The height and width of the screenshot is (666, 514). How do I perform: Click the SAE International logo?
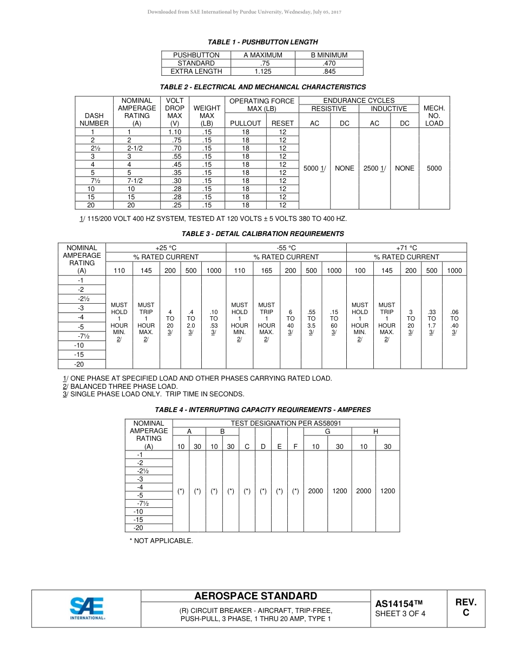tap(87, 608)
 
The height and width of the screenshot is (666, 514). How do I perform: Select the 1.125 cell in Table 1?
tap(263, 71)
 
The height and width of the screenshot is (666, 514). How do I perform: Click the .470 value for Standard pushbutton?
tap(328, 63)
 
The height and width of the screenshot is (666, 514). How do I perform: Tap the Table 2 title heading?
tap(262, 87)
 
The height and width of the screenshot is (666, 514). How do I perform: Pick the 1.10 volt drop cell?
tap(175, 132)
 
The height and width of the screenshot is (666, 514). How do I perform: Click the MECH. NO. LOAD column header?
tap(434, 116)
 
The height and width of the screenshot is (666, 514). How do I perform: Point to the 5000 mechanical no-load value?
tap(434, 168)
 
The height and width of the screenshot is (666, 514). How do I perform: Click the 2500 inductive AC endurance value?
tap(374, 168)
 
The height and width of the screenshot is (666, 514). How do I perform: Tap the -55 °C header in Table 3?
tap(286, 248)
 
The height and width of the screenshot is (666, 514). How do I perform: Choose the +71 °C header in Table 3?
tap(406, 248)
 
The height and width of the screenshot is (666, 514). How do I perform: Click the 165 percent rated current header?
tap(266, 271)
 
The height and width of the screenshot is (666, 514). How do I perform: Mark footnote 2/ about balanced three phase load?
tap(120, 387)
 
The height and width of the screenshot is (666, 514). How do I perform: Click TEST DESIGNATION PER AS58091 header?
tap(286, 423)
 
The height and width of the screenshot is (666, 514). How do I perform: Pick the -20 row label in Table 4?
tap(139, 528)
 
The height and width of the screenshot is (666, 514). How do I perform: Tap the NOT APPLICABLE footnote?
tap(161, 541)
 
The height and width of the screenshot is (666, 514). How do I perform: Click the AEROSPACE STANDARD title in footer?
tap(255, 596)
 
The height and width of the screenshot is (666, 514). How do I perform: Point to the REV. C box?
tap(465, 608)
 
